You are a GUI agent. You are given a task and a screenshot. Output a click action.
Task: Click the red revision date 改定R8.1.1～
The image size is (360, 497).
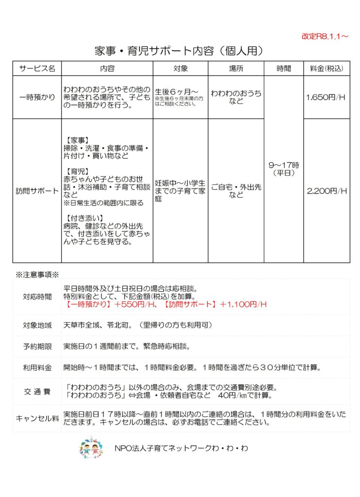tap(325, 36)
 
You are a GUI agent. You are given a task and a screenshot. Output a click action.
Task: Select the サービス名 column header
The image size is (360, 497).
tap(37, 68)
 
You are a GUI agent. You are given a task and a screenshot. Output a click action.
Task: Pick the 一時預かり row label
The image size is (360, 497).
tap(37, 97)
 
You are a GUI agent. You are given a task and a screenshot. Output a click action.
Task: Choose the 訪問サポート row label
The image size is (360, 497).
tap(37, 191)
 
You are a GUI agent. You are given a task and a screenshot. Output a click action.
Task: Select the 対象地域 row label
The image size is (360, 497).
tap(37, 325)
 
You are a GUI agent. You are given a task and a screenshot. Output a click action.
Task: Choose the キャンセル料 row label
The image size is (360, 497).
tap(37, 418)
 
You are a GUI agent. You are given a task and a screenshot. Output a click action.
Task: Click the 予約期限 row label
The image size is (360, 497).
tap(37, 347)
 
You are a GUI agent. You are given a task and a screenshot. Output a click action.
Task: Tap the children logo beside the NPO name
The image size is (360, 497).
tap(91, 447)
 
